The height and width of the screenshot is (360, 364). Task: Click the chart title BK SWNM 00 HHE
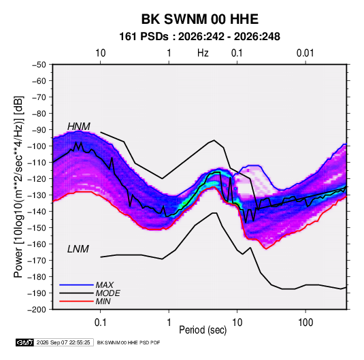[199, 19]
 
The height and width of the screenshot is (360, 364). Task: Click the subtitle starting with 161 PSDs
[199, 37]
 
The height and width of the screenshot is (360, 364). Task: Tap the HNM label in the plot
[79, 127]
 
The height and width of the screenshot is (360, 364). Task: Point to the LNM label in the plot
[78, 249]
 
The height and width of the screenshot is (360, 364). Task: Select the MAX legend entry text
[105, 285]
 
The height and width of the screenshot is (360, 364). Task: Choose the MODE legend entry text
[108, 293]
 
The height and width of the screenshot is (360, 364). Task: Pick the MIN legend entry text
[103, 301]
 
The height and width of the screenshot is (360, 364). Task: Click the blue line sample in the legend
[76, 285]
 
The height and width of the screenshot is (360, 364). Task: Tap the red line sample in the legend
[76, 301]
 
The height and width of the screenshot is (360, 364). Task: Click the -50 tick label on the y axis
[39, 65]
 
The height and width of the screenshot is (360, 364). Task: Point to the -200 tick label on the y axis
[37, 310]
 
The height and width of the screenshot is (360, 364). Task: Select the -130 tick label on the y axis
[37, 195]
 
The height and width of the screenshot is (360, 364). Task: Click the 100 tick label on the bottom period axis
[305, 323]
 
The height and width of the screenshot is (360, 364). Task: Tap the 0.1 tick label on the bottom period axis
[100, 323]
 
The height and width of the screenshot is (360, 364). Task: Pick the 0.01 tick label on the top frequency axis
[305, 53]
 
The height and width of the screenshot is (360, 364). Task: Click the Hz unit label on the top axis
[203, 53]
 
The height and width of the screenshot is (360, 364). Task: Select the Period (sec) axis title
[203, 330]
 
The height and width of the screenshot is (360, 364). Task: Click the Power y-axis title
[19, 186]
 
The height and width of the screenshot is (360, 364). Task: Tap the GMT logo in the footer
[25, 342]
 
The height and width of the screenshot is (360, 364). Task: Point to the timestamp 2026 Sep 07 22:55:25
[63, 342]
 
